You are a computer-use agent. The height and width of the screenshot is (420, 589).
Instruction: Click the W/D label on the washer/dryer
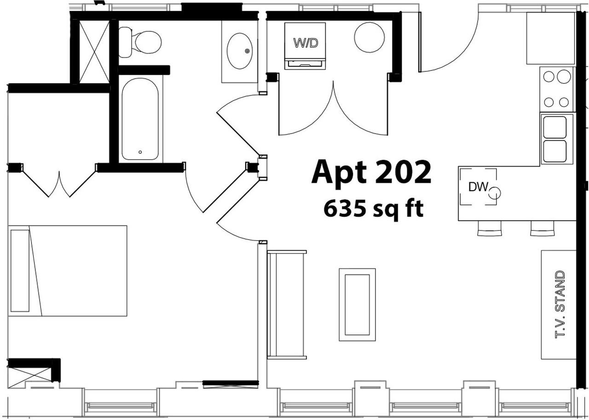306,43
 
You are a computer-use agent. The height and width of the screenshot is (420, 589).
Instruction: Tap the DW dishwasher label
478,187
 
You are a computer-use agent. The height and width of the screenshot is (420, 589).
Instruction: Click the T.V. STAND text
560,305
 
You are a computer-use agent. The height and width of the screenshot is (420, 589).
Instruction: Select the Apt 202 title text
371,172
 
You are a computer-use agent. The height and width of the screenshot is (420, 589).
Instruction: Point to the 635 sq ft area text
373,209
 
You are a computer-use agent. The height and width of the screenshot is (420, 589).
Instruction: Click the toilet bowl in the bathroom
148,42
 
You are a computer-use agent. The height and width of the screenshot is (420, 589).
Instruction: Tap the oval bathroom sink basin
240,51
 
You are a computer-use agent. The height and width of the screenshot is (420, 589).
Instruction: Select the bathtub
140,119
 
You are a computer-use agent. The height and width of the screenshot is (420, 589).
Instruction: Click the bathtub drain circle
140,152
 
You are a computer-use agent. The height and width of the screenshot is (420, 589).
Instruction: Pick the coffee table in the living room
357,305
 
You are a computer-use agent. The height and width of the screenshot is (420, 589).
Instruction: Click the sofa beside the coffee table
286,305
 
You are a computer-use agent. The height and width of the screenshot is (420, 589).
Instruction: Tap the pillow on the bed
20,271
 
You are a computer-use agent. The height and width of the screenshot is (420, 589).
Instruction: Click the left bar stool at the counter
489,228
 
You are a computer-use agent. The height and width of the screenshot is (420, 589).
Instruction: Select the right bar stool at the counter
542,228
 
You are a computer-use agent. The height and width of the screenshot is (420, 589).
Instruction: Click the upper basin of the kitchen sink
555,128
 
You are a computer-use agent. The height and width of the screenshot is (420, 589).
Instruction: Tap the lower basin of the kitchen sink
555,151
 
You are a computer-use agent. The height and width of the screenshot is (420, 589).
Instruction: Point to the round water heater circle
370,37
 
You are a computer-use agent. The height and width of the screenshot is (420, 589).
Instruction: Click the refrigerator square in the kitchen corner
551,38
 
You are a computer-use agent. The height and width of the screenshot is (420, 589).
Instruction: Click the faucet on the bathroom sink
247,51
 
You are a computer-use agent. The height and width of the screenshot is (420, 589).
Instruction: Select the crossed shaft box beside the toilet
94,52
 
